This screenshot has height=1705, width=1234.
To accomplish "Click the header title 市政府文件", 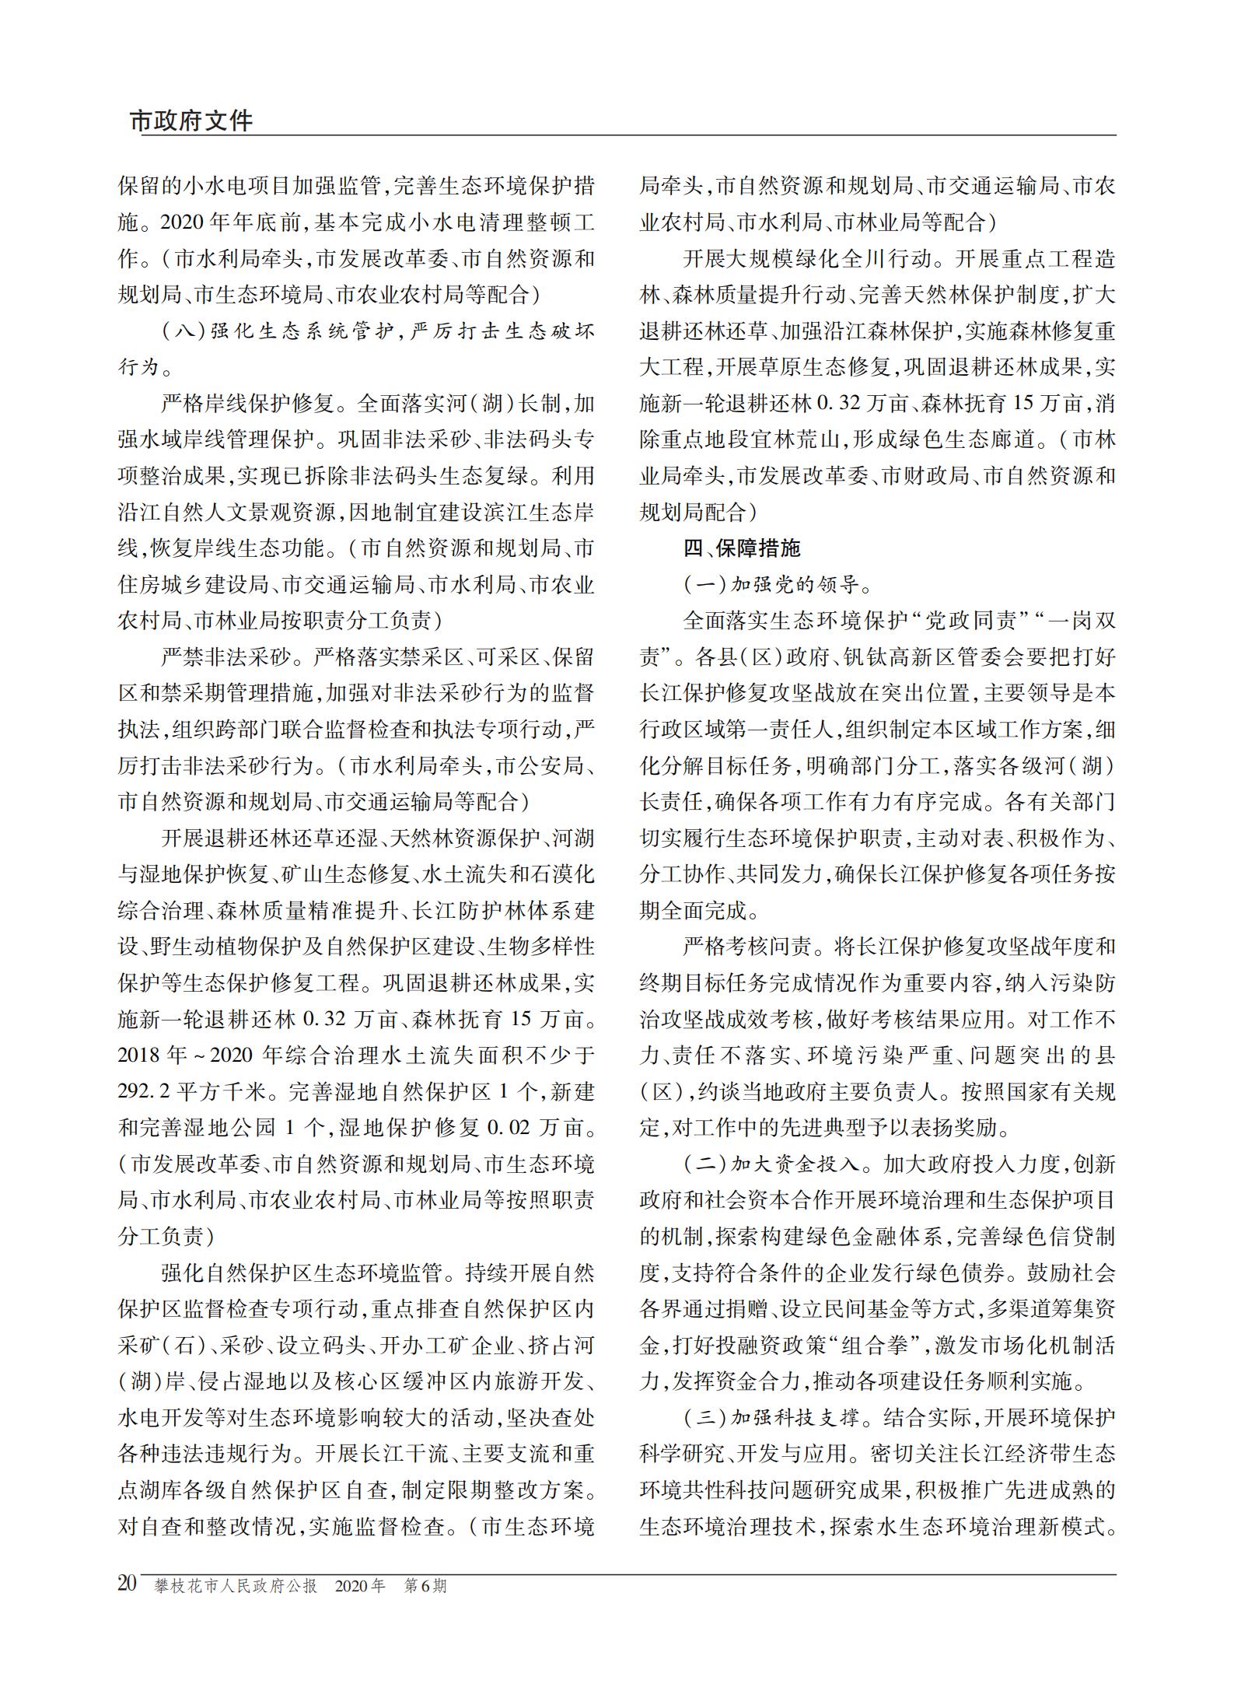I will point(191,121).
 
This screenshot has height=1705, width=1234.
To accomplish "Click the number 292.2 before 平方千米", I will point(145,1092).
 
